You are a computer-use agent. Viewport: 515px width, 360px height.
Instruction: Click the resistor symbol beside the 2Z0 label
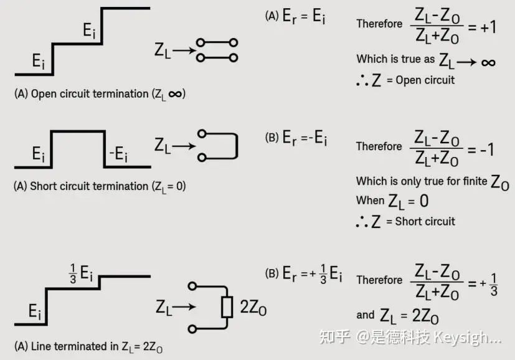[x=227, y=307]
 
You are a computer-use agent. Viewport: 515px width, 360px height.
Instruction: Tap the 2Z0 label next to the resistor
[x=253, y=308]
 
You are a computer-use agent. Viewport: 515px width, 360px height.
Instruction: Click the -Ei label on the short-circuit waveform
[x=118, y=153]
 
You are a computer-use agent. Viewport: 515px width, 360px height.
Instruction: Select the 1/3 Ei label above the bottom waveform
[x=81, y=273]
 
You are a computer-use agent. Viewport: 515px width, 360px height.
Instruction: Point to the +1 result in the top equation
[x=488, y=27]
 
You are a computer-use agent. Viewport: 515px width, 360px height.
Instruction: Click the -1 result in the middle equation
[x=487, y=149]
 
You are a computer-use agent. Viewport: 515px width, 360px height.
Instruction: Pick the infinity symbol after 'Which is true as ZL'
[x=488, y=62]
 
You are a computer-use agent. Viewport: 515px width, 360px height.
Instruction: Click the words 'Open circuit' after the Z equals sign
[x=425, y=80]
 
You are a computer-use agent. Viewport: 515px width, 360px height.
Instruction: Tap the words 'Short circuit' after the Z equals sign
[x=425, y=221]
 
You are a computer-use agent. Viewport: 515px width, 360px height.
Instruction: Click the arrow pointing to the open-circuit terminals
[x=184, y=50]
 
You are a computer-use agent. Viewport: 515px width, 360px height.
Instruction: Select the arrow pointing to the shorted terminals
[x=184, y=146]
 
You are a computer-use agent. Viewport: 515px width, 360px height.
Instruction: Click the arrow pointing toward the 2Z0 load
[x=184, y=307]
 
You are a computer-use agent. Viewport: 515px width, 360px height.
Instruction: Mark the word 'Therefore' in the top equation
[x=379, y=24]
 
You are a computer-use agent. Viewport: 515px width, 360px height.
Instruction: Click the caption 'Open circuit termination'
[x=90, y=94]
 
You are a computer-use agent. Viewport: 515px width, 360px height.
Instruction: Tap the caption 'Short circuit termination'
[x=89, y=186]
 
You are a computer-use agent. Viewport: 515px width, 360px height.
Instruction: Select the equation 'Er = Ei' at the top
[x=304, y=16]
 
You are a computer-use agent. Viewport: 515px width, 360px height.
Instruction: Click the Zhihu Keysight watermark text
[x=410, y=338]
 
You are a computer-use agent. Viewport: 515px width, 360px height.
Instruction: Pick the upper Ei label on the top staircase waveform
[x=88, y=31]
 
